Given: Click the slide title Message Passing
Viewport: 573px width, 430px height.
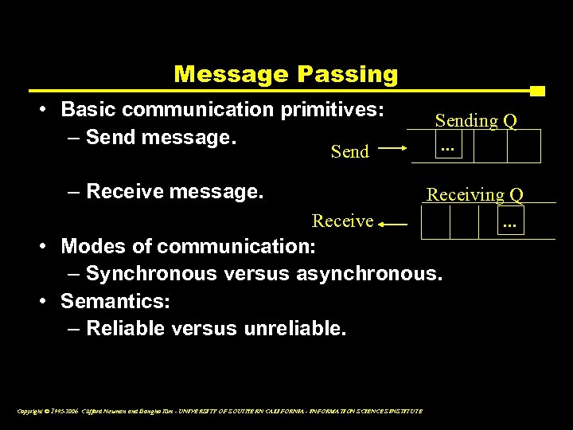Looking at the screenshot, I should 286,74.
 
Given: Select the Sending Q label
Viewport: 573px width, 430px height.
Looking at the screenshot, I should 475,121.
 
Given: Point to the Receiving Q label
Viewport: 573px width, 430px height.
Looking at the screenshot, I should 475,194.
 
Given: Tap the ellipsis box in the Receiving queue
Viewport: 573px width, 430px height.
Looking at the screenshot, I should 509,222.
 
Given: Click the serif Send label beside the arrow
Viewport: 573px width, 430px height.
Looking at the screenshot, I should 350,151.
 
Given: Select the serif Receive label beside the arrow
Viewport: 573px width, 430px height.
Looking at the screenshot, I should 342,221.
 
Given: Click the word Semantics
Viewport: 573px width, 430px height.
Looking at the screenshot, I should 115,302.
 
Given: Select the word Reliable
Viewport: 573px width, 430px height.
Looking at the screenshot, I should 123,329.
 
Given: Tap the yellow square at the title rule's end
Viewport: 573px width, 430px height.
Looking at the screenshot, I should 537,91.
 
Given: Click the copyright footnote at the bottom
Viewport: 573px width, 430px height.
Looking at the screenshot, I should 219,411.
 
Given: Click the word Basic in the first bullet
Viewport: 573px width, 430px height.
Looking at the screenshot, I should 86,108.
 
